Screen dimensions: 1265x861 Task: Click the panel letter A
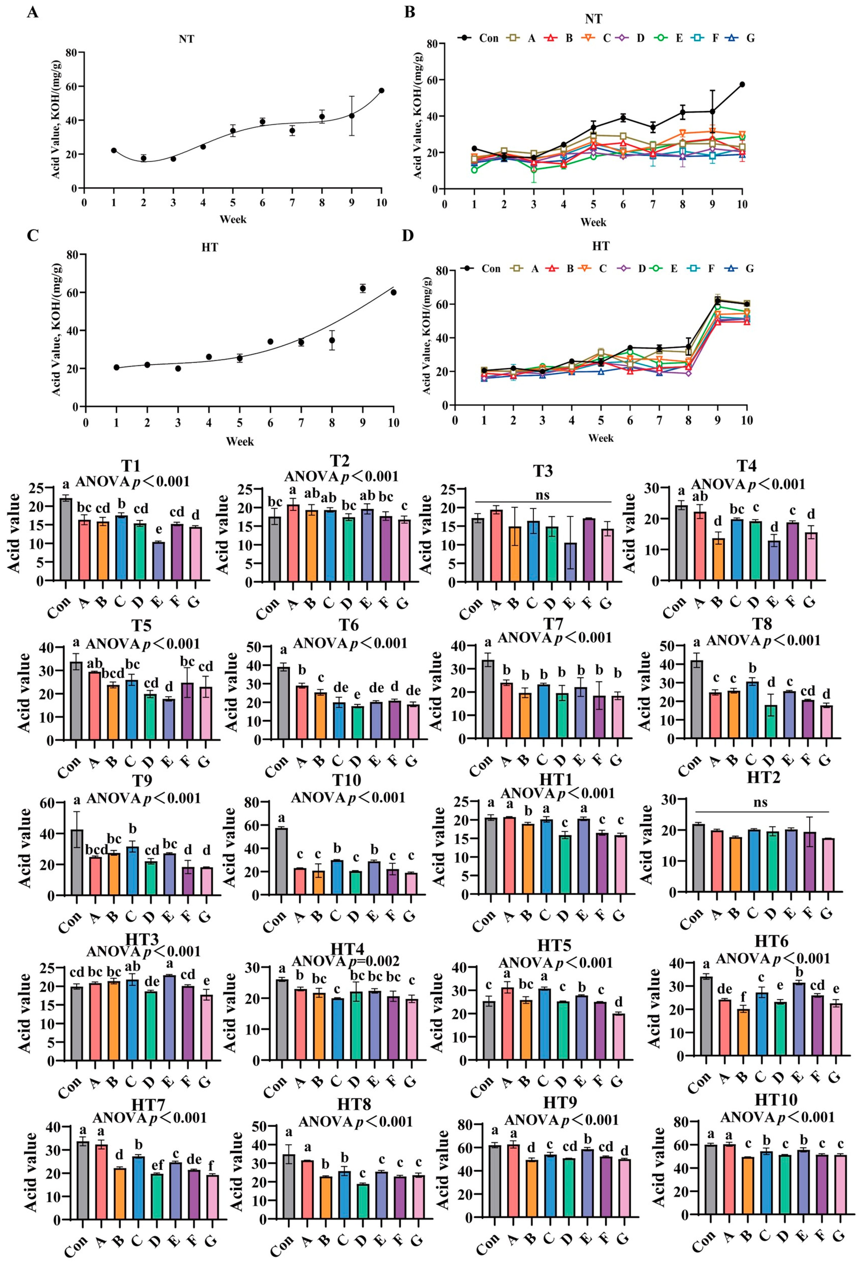coord(33,12)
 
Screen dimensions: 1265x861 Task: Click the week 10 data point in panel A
coord(381,90)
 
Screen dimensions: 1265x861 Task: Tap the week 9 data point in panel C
coord(363,288)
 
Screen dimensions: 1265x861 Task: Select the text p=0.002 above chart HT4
coord(372,961)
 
